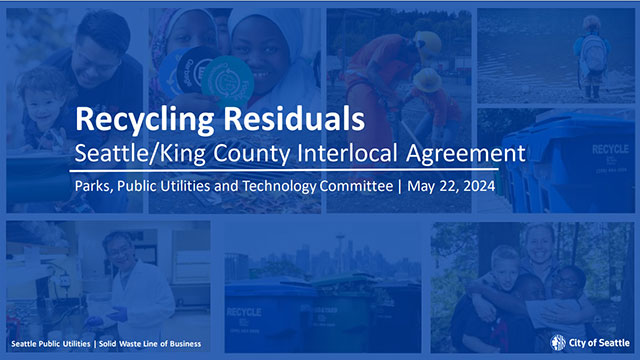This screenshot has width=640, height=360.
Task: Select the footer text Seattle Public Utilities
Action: pyautogui.click(x=47, y=344)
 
